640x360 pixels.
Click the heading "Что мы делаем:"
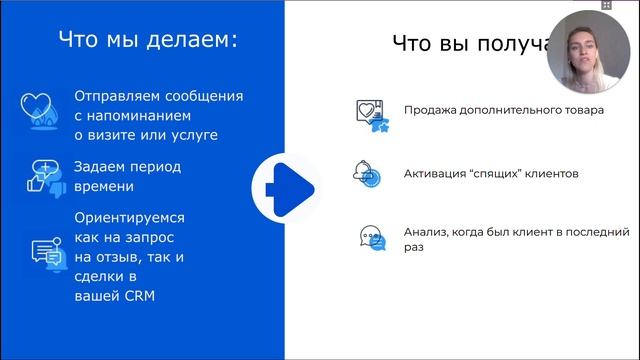(148, 41)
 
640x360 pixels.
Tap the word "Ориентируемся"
(130, 216)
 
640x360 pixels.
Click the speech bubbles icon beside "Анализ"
(371, 238)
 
